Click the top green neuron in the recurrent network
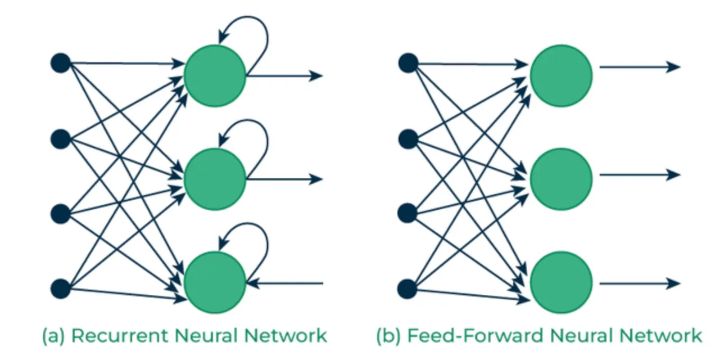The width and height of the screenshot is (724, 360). click(x=215, y=76)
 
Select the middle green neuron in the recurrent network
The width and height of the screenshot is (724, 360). click(x=215, y=179)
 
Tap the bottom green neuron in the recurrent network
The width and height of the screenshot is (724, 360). click(x=215, y=282)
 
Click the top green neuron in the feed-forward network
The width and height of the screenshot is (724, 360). click(x=562, y=76)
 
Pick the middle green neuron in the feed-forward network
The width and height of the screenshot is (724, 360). click(x=562, y=179)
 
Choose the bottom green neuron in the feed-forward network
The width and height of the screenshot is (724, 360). click(x=562, y=282)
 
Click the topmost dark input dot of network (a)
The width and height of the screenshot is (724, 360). click(x=61, y=63)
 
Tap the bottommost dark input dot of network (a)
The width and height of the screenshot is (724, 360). click(x=61, y=288)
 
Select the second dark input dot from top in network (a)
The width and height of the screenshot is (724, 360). click(x=61, y=139)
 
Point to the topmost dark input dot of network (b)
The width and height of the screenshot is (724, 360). click(x=408, y=63)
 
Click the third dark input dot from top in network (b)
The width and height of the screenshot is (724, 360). click(x=408, y=213)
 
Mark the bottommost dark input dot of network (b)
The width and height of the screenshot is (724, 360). click(x=408, y=289)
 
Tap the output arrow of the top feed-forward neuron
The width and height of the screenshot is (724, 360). click(x=640, y=67)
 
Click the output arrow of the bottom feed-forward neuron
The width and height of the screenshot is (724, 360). click(x=640, y=283)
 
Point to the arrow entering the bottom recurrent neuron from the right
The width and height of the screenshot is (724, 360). click(x=285, y=283)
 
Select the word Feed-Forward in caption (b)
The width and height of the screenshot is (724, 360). click(x=475, y=336)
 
